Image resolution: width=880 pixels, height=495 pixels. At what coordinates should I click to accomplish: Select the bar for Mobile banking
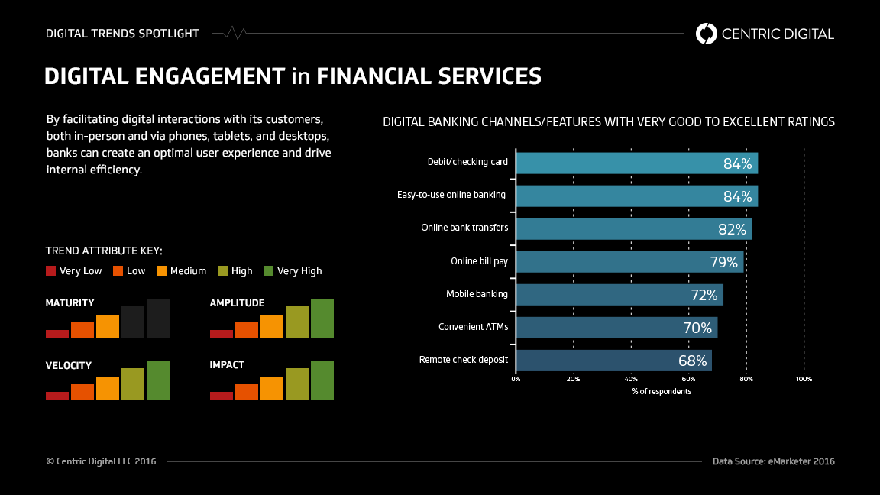[611, 295]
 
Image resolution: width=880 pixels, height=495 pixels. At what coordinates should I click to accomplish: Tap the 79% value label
[724, 262]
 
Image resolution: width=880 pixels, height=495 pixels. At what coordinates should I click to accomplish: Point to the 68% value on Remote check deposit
[693, 361]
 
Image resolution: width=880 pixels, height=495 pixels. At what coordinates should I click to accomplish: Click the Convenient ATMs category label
[473, 327]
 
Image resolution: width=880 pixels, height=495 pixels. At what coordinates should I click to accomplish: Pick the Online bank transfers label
[464, 228]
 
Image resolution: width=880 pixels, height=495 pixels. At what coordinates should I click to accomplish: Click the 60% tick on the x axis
[688, 379]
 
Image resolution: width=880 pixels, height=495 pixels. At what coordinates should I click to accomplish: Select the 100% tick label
[804, 379]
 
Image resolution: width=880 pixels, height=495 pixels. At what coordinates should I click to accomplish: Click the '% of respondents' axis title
[662, 391]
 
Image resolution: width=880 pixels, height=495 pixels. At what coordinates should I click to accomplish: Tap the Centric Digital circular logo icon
[707, 34]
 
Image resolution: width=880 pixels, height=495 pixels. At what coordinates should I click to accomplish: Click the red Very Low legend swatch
[51, 270]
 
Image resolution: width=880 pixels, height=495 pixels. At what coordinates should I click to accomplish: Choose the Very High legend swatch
[268, 270]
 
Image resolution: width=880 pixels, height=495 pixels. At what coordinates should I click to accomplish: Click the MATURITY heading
[70, 303]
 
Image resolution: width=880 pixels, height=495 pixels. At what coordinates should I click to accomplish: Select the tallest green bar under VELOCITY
[158, 380]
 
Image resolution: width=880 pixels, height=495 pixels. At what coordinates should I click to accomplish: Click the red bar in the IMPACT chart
[222, 395]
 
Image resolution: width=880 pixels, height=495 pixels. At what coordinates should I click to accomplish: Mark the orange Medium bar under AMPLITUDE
[272, 325]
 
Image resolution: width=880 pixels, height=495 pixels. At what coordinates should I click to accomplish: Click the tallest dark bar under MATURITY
[158, 318]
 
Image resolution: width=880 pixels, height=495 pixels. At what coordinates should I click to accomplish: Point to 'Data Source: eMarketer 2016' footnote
[773, 461]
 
